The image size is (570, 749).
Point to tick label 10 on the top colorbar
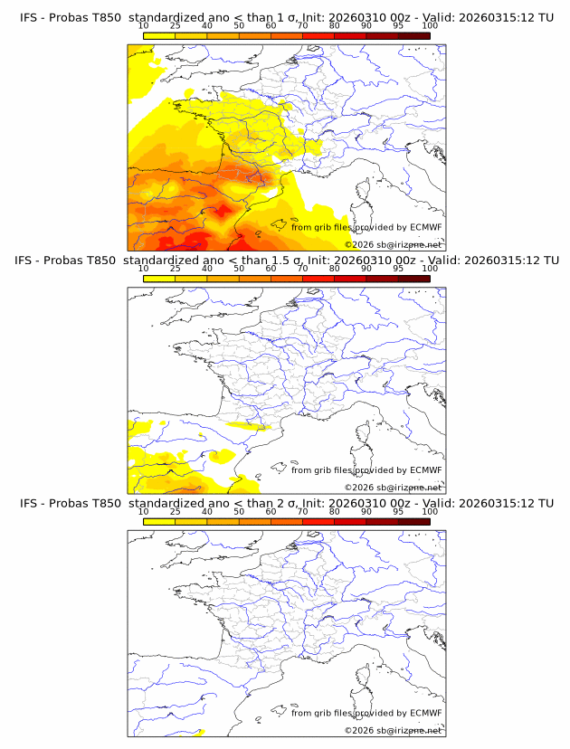[144, 26]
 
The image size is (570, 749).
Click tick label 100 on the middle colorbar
[430, 269]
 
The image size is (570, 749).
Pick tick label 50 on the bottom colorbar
[239, 511]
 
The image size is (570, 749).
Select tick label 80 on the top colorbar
[335, 26]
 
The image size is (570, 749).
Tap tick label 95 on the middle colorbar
[398, 269]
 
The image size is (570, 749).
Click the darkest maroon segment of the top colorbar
[413, 36]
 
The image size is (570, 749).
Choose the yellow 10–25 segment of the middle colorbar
[159, 279]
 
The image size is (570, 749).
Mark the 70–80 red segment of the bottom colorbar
[318, 521]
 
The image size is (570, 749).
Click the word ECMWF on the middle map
[425, 470]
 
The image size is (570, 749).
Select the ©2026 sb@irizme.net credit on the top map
[393, 244]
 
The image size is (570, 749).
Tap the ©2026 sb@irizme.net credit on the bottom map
[393, 730]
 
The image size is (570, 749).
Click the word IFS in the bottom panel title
[29, 503]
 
